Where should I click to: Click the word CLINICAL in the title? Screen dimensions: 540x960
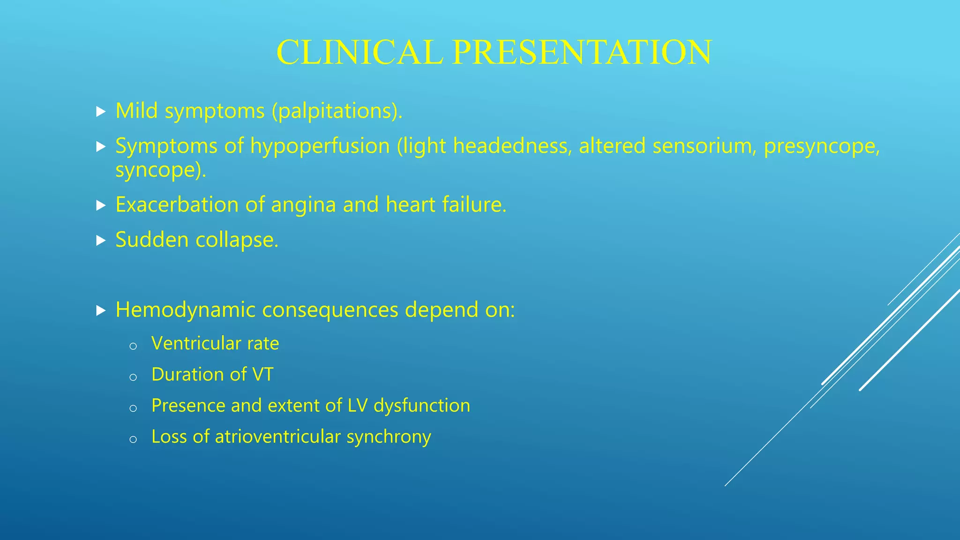(x=360, y=52)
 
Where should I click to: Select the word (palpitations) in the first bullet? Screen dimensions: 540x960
(x=337, y=112)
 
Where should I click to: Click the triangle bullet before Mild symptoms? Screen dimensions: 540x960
(x=101, y=112)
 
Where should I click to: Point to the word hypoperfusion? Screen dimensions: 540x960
(x=320, y=146)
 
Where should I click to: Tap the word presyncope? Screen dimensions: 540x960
(x=822, y=147)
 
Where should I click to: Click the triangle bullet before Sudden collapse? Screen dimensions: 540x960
(x=101, y=241)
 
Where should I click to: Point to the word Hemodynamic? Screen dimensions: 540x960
(x=185, y=310)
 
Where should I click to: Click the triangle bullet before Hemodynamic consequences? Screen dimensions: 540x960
(x=101, y=310)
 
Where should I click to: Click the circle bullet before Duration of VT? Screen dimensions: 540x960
(x=133, y=377)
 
